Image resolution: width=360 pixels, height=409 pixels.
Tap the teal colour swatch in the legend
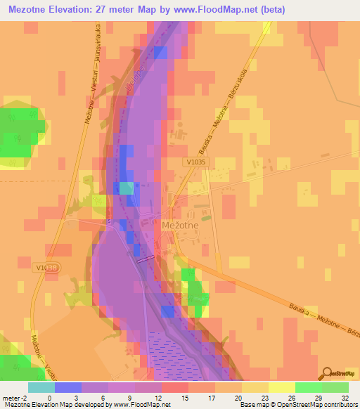point(41,387)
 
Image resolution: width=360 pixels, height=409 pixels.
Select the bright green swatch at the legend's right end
point(335,387)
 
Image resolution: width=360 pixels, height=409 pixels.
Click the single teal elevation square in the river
point(126,188)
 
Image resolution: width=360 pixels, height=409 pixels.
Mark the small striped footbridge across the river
point(146,259)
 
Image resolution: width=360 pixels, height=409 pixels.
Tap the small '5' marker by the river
point(110,221)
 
